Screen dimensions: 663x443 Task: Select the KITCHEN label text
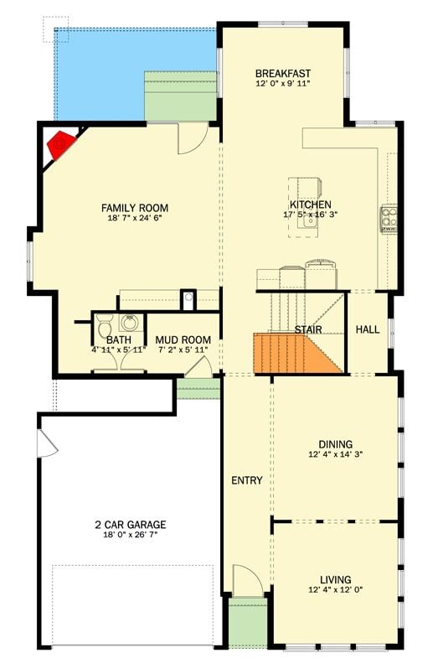pos(310,205)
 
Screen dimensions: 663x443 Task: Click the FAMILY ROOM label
pos(134,208)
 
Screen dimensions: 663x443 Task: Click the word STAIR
pos(307,330)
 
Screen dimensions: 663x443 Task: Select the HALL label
pos(368,330)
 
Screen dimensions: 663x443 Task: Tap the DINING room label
pos(335,444)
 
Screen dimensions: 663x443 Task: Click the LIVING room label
pos(335,580)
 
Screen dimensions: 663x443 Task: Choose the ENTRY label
pos(247,481)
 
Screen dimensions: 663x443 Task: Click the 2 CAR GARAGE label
pos(130,525)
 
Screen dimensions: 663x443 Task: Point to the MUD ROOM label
pos(183,340)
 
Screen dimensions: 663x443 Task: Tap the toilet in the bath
pos(105,324)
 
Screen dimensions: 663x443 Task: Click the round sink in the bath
pos(130,323)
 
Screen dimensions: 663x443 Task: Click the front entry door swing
pos(246,580)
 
